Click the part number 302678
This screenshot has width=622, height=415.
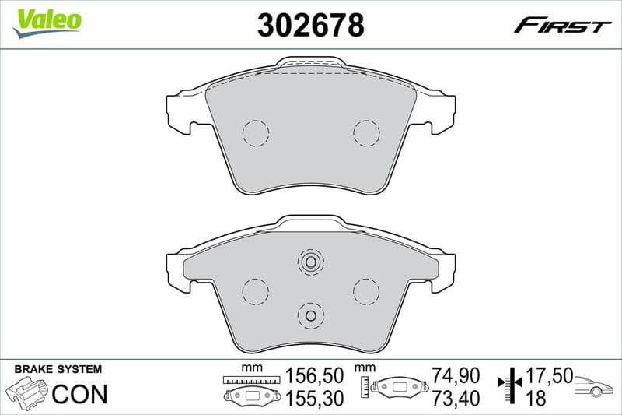pyautogui.click(x=310, y=26)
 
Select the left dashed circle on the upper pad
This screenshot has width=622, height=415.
pyautogui.click(x=255, y=133)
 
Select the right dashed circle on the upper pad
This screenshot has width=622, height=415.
pyautogui.click(x=366, y=133)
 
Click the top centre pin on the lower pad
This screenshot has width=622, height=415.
pyautogui.click(x=310, y=262)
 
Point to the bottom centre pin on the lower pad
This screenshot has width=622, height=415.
pyautogui.click(x=310, y=315)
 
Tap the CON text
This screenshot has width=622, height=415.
pyautogui.click(x=79, y=394)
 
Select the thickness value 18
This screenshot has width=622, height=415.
pyautogui.click(x=536, y=399)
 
